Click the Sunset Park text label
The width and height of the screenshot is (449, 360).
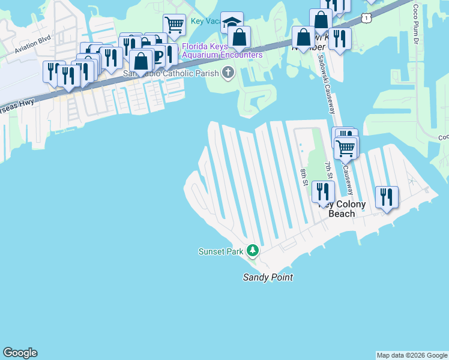click(220, 251)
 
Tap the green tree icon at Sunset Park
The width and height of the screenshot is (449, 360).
click(253, 250)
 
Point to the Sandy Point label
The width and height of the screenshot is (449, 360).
click(268, 277)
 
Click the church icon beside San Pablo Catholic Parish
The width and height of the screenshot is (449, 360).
click(228, 73)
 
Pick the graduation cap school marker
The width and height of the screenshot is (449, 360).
click(232, 23)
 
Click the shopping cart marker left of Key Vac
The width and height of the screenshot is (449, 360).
click(174, 25)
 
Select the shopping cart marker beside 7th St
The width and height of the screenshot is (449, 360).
click(345, 147)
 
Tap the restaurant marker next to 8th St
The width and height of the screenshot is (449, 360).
click(324, 192)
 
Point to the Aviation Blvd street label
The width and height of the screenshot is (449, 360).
click(34, 46)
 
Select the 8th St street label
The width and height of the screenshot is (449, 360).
click(304, 177)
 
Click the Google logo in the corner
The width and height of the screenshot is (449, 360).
click(20, 353)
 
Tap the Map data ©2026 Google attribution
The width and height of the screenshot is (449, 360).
click(412, 355)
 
